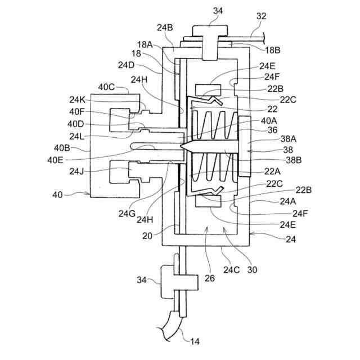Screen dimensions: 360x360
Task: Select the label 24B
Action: point(165,26)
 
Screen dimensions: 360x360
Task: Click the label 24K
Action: point(78,100)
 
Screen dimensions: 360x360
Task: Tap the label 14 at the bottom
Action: point(194,341)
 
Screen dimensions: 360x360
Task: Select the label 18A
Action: point(144,44)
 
